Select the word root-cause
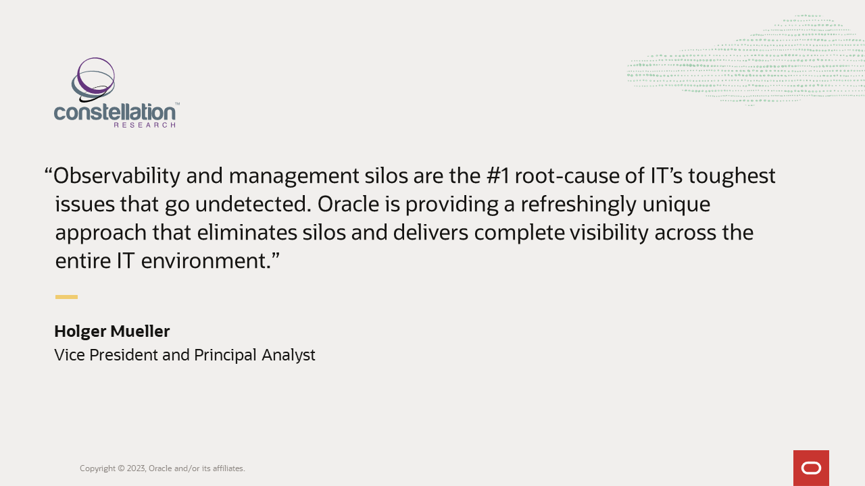coord(570,176)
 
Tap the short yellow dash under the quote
coord(66,297)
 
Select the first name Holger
coord(80,331)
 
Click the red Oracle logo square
coord(811,468)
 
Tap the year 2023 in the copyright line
coord(137,468)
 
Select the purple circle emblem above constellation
coord(95,76)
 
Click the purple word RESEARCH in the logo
coord(145,125)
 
